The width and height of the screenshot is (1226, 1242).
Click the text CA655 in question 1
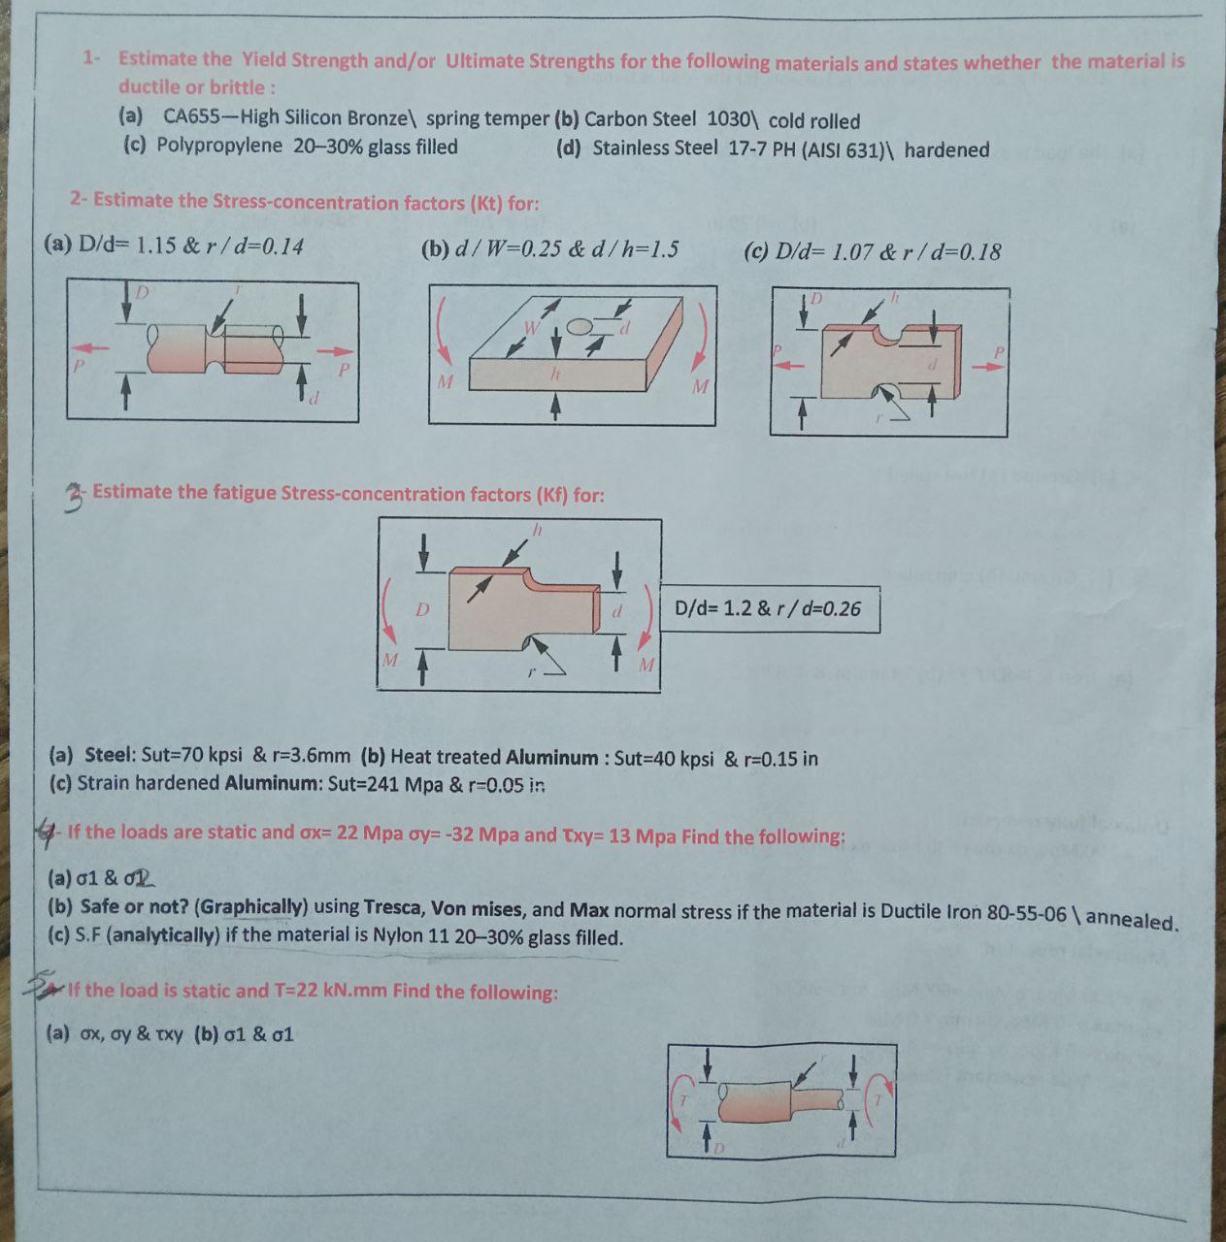point(190,117)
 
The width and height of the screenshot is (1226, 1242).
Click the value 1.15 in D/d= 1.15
point(156,245)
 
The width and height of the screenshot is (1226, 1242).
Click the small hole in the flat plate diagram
point(579,326)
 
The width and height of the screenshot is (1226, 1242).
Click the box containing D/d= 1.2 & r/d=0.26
point(770,609)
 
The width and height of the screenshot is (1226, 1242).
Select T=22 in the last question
point(296,991)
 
